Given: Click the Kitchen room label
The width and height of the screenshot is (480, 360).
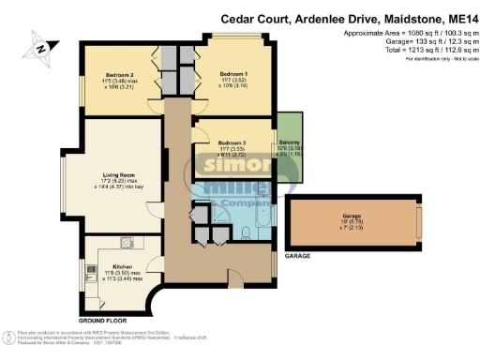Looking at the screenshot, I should point(124,266).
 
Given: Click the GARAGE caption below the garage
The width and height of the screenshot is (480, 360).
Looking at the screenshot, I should point(297,255).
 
